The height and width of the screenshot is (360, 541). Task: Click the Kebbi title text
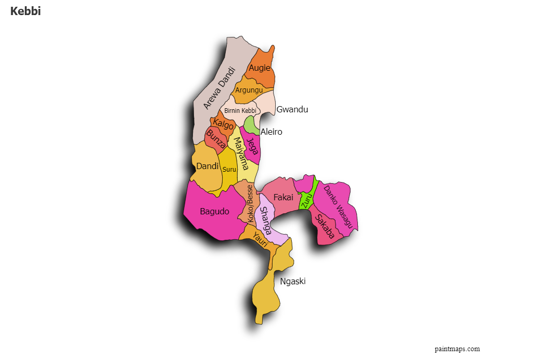[25, 11]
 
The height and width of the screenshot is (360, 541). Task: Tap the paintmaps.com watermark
[457, 349]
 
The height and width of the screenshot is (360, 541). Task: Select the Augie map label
[260, 68]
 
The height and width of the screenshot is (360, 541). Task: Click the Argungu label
[249, 90]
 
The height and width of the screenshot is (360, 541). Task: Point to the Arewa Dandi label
[219, 87]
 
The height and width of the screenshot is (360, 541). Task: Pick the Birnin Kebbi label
[240, 111]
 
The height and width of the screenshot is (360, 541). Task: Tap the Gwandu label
[292, 109]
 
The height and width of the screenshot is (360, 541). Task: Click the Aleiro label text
[272, 132]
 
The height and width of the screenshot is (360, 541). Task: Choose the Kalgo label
[224, 125]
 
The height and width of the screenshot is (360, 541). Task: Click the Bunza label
[216, 139]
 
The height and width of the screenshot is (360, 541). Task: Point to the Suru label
[229, 170]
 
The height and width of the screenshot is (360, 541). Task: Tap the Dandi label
[207, 166]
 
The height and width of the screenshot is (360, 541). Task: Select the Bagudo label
[214, 211]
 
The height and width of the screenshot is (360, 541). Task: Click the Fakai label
[284, 197]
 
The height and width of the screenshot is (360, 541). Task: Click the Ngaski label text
[293, 281]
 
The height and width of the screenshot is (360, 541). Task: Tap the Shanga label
[266, 221]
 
